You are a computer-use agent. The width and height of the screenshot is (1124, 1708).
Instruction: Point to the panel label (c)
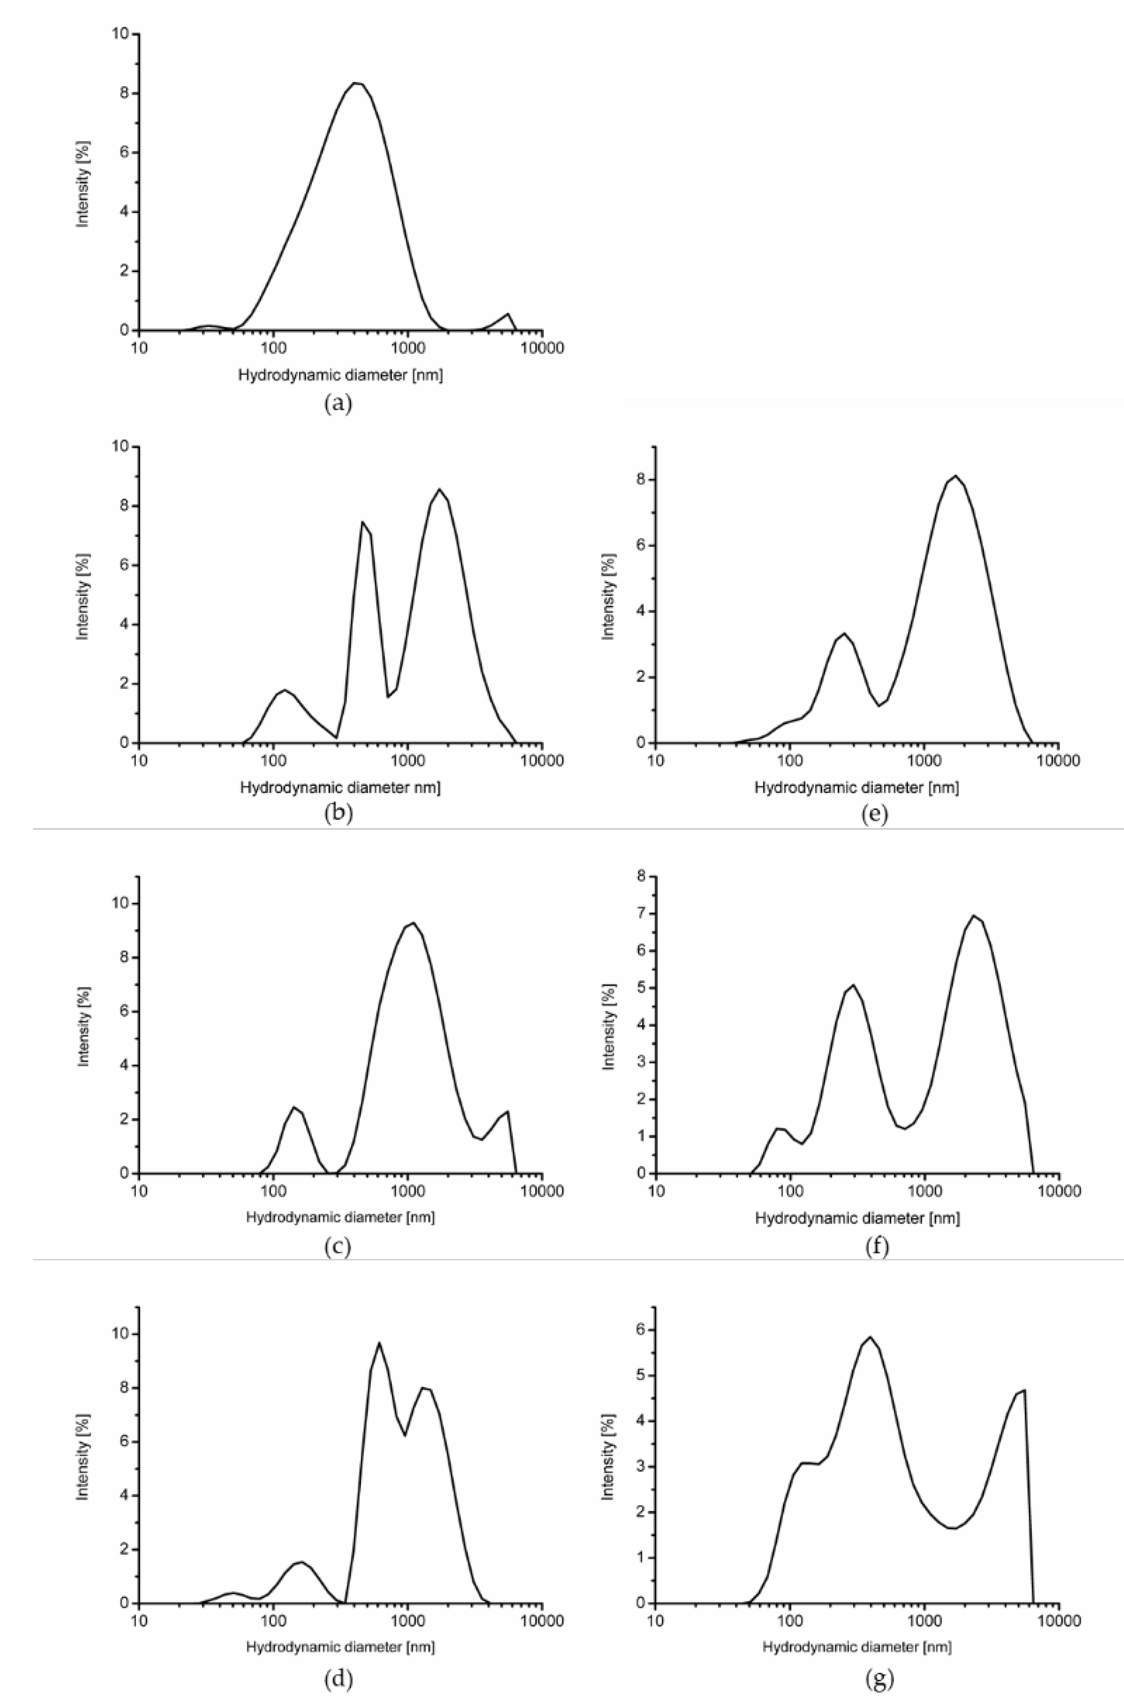tap(338, 1247)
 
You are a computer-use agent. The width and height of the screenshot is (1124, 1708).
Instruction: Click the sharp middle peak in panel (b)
tap(363, 522)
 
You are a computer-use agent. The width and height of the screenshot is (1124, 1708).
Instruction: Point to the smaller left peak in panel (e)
tap(845, 634)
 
